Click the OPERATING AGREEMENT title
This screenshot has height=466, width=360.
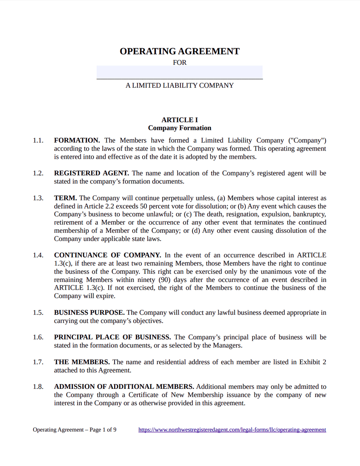pyautogui.click(x=180, y=51)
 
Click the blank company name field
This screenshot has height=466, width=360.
pyautogui.click(x=180, y=72)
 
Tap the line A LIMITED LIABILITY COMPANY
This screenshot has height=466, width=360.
pyautogui.click(x=180, y=85)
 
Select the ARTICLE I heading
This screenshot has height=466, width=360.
pyautogui.click(x=180, y=120)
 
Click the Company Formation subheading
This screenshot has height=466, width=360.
pyautogui.click(x=180, y=128)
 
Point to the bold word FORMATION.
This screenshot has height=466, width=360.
pyautogui.click(x=77, y=140)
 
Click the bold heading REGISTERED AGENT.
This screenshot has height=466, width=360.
pyautogui.click(x=92, y=173)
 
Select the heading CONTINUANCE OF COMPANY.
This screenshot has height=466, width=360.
pyautogui.click(x=107, y=255)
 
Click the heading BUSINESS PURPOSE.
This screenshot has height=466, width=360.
pyautogui.click(x=89, y=313)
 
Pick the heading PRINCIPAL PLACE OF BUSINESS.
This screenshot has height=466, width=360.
pyautogui.click(x=112, y=337)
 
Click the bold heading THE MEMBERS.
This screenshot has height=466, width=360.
pyautogui.click(x=82, y=362)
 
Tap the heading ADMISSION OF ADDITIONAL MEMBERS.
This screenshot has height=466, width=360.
pyautogui.click(x=124, y=387)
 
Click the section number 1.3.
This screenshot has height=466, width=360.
pyautogui.click(x=38, y=198)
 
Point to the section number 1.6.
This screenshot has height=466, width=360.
pyautogui.click(x=38, y=337)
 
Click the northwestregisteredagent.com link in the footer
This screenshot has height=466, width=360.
pyautogui.click(x=232, y=430)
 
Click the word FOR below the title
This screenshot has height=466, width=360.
pyautogui.click(x=180, y=62)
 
